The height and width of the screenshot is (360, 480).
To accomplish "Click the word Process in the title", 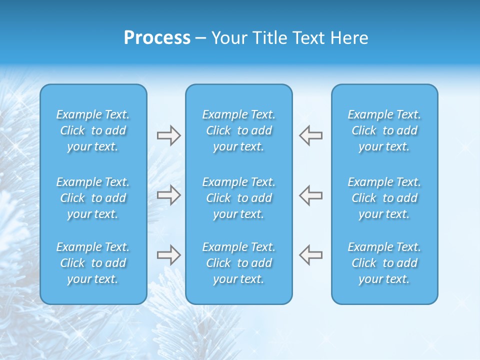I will (157, 38).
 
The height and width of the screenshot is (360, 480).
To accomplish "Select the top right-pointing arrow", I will (168, 135).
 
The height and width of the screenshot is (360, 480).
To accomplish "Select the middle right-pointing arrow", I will (168, 194).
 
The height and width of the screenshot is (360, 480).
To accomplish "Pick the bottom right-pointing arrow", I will (168, 254).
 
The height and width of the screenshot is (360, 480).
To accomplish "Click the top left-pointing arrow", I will (310, 135).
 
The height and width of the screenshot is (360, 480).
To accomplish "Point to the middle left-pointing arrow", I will (310, 194).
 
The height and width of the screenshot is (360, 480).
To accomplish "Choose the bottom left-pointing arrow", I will (310, 254).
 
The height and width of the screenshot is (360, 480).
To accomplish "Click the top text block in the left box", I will (93, 130).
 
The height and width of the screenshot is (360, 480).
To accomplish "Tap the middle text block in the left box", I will (93, 198).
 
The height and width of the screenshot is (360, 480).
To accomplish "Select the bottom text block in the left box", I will (93, 263).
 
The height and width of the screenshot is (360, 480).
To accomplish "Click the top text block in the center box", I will (238, 130).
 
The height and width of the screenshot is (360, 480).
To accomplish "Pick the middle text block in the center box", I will (238, 198).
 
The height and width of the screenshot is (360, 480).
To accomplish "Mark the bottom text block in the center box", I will (238, 263).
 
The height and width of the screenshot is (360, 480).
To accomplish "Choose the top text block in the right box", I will (384, 130).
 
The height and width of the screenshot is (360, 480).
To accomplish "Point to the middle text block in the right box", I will (384, 198).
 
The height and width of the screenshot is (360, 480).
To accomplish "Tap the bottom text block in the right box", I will (384, 263).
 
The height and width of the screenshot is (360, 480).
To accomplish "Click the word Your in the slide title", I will (229, 38).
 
